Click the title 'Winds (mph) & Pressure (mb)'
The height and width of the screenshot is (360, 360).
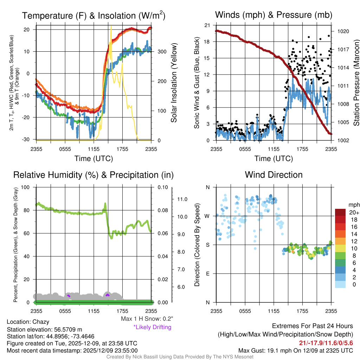[x=274, y=15]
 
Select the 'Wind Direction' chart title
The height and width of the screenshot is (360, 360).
[x=274, y=175]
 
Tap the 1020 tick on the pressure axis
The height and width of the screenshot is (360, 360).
[x=343, y=31]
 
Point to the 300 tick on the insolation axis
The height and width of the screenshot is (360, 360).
[x=162, y=52]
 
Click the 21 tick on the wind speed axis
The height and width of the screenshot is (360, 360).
[x=207, y=25]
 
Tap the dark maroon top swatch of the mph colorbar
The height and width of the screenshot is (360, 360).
[x=340, y=212]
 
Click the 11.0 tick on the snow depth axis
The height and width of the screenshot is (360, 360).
[x=181, y=199]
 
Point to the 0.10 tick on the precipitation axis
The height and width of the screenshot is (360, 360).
[x=162, y=187]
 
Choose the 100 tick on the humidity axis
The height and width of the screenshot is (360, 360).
[x=25, y=187]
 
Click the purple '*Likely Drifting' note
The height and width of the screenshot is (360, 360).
[x=152, y=327]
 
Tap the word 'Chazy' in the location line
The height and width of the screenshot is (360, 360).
[x=41, y=322]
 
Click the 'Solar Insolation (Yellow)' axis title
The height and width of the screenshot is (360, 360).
[x=174, y=83]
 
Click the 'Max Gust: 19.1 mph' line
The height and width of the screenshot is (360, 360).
[x=296, y=351]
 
